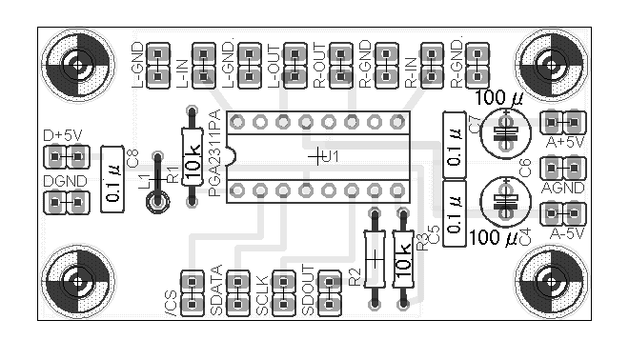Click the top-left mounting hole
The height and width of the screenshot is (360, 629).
pos(74,66)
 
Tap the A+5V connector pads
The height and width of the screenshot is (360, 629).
pos(563,123)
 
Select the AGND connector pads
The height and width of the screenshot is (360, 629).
pos(563,168)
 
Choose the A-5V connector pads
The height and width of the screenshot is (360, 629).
pos(563,212)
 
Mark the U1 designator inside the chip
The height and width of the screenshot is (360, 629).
pos(330,155)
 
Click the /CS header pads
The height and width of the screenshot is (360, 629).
pos(192,294)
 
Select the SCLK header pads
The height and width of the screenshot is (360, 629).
pos(283,294)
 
